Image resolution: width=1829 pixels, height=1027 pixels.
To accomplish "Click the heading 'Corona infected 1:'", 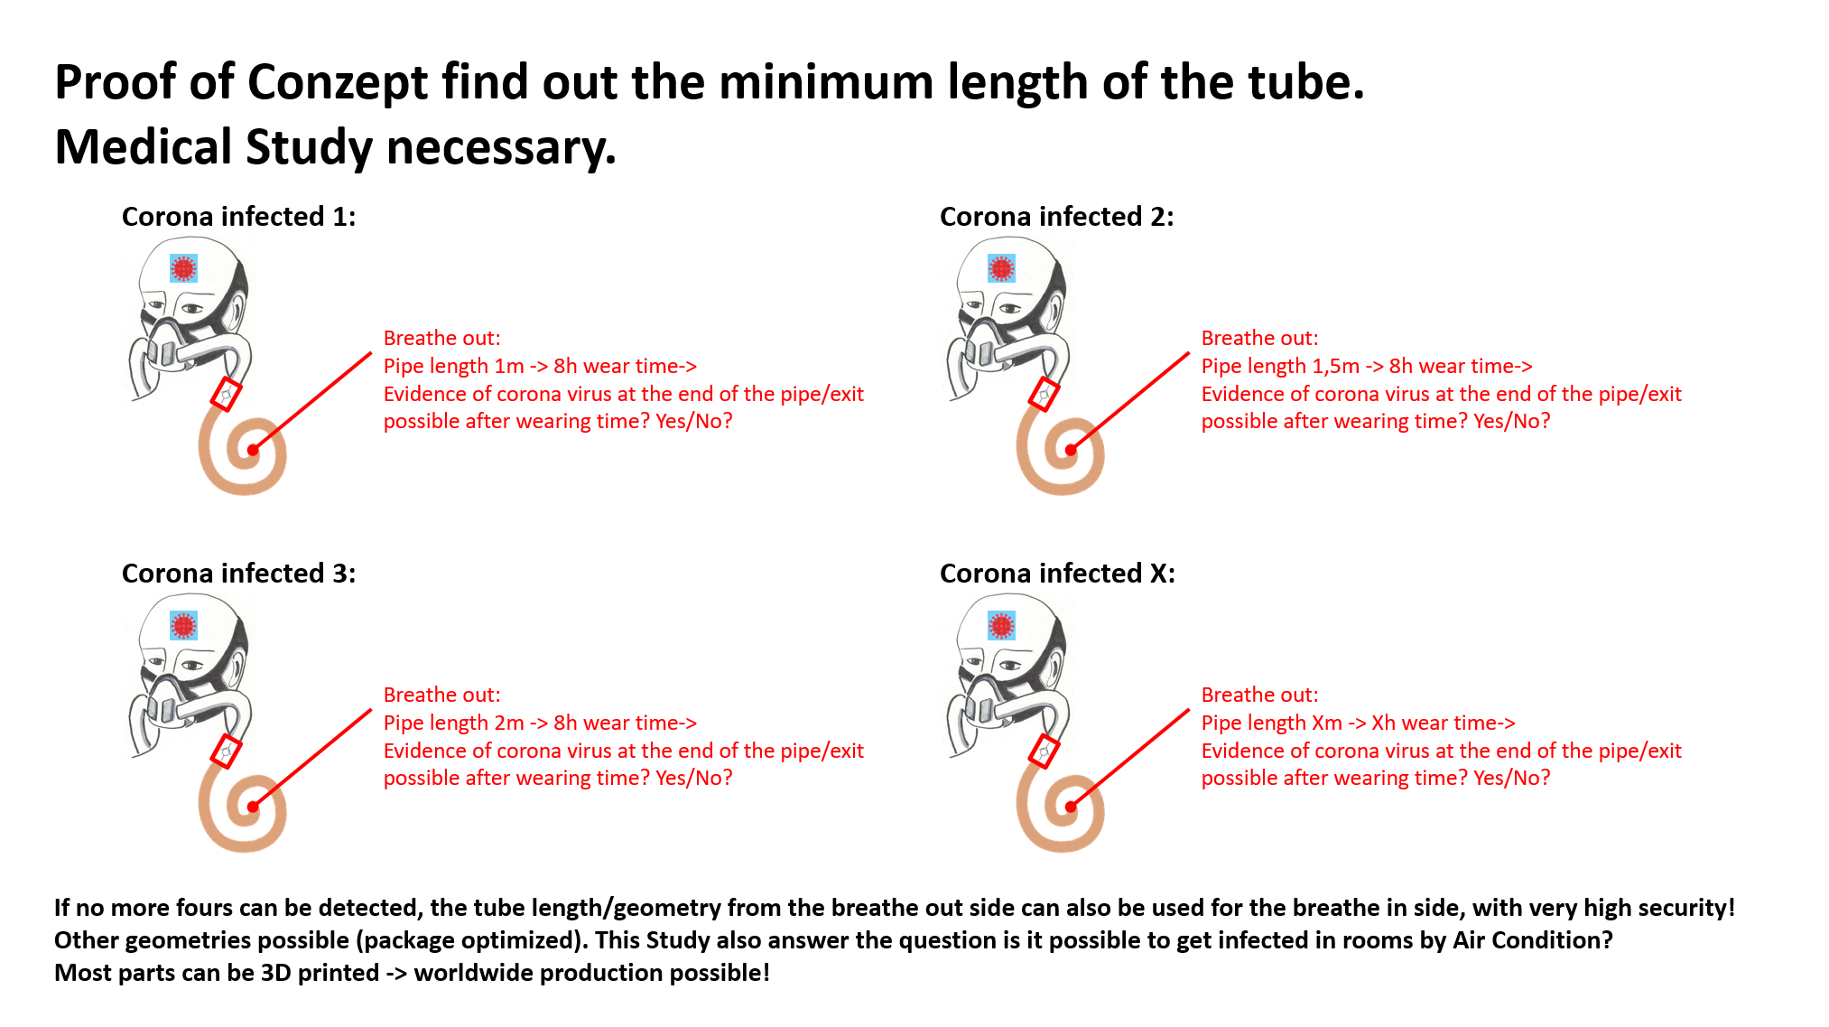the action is click(x=238, y=217).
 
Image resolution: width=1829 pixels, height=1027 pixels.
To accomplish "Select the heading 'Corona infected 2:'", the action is click(x=1056, y=217).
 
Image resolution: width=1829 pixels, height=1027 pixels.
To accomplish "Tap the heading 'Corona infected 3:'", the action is click(x=238, y=574).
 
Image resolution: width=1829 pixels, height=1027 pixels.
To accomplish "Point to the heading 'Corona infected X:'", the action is click(x=1057, y=574).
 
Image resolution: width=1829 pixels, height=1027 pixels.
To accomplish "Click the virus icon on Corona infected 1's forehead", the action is click(x=184, y=268).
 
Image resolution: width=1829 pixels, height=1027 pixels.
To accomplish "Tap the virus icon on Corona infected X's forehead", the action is click(x=1002, y=625).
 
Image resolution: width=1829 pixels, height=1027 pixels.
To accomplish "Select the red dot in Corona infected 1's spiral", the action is click(x=253, y=450).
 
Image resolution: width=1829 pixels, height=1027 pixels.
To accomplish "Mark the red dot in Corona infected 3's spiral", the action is click(x=253, y=807).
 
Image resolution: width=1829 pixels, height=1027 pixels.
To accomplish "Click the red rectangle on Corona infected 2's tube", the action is click(x=1044, y=395).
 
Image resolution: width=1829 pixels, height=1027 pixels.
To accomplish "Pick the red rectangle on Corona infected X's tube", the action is click(x=1044, y=752).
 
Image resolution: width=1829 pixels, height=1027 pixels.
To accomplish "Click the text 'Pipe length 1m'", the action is click(x=454, y=366).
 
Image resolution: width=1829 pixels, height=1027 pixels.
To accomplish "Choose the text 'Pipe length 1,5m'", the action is click(x=1280, y=366).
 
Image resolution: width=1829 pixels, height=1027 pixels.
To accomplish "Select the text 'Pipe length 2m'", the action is click(x=454, y=723).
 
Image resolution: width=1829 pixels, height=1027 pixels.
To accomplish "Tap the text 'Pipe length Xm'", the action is click(x=1272, y=723).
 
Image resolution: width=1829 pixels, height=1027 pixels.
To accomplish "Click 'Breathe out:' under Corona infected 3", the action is click(x=441, y=695).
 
